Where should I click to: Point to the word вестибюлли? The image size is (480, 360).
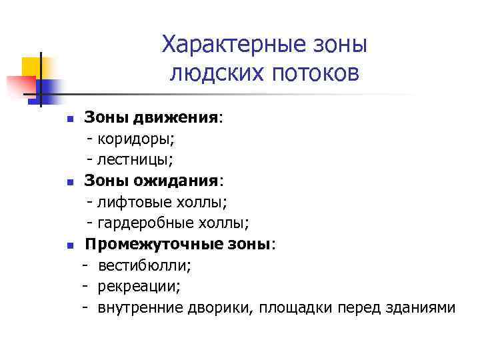click(x=144, y=265)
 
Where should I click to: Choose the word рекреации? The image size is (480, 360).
click(x=139, y=286)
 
